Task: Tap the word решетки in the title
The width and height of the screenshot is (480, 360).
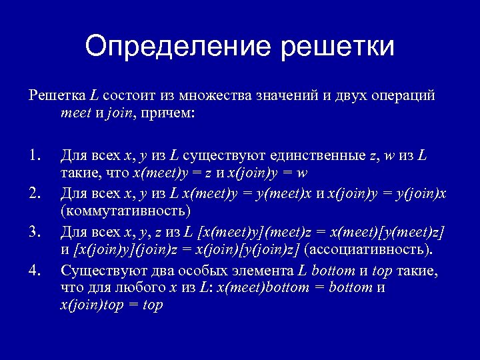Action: pos(338,47)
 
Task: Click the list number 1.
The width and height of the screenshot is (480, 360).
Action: pos(35,157)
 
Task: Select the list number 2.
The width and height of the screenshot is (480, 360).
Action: pos(35,194)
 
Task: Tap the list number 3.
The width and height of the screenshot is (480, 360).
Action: pos(35,231)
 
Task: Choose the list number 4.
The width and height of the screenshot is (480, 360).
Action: pos(35,269)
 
